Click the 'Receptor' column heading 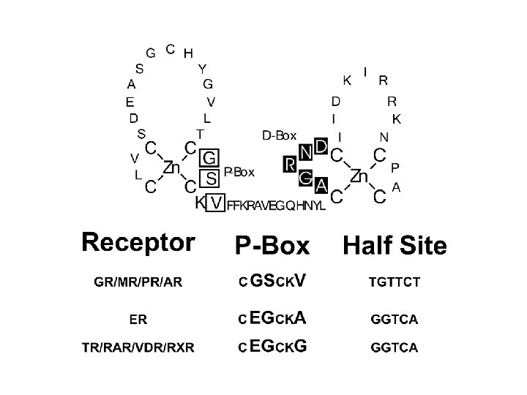click(138, 242)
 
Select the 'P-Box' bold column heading click(272, 246)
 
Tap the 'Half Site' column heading click(395, 246)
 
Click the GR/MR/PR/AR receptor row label click(138, 282)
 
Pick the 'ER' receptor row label click(138, 319)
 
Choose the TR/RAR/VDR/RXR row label click(138, 347)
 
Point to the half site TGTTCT click(395, 282)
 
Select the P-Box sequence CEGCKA click(272, 319)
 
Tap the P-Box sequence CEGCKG click(272, 347)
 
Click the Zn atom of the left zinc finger click(171, 168)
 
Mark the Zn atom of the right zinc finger click(359, 176)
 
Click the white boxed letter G click(209, 157)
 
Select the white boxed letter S click(211, 178)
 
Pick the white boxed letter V click(215, 203)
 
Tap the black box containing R click(290, 164)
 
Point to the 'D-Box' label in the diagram click(279, 135)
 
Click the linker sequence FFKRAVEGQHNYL click(276, 206)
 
